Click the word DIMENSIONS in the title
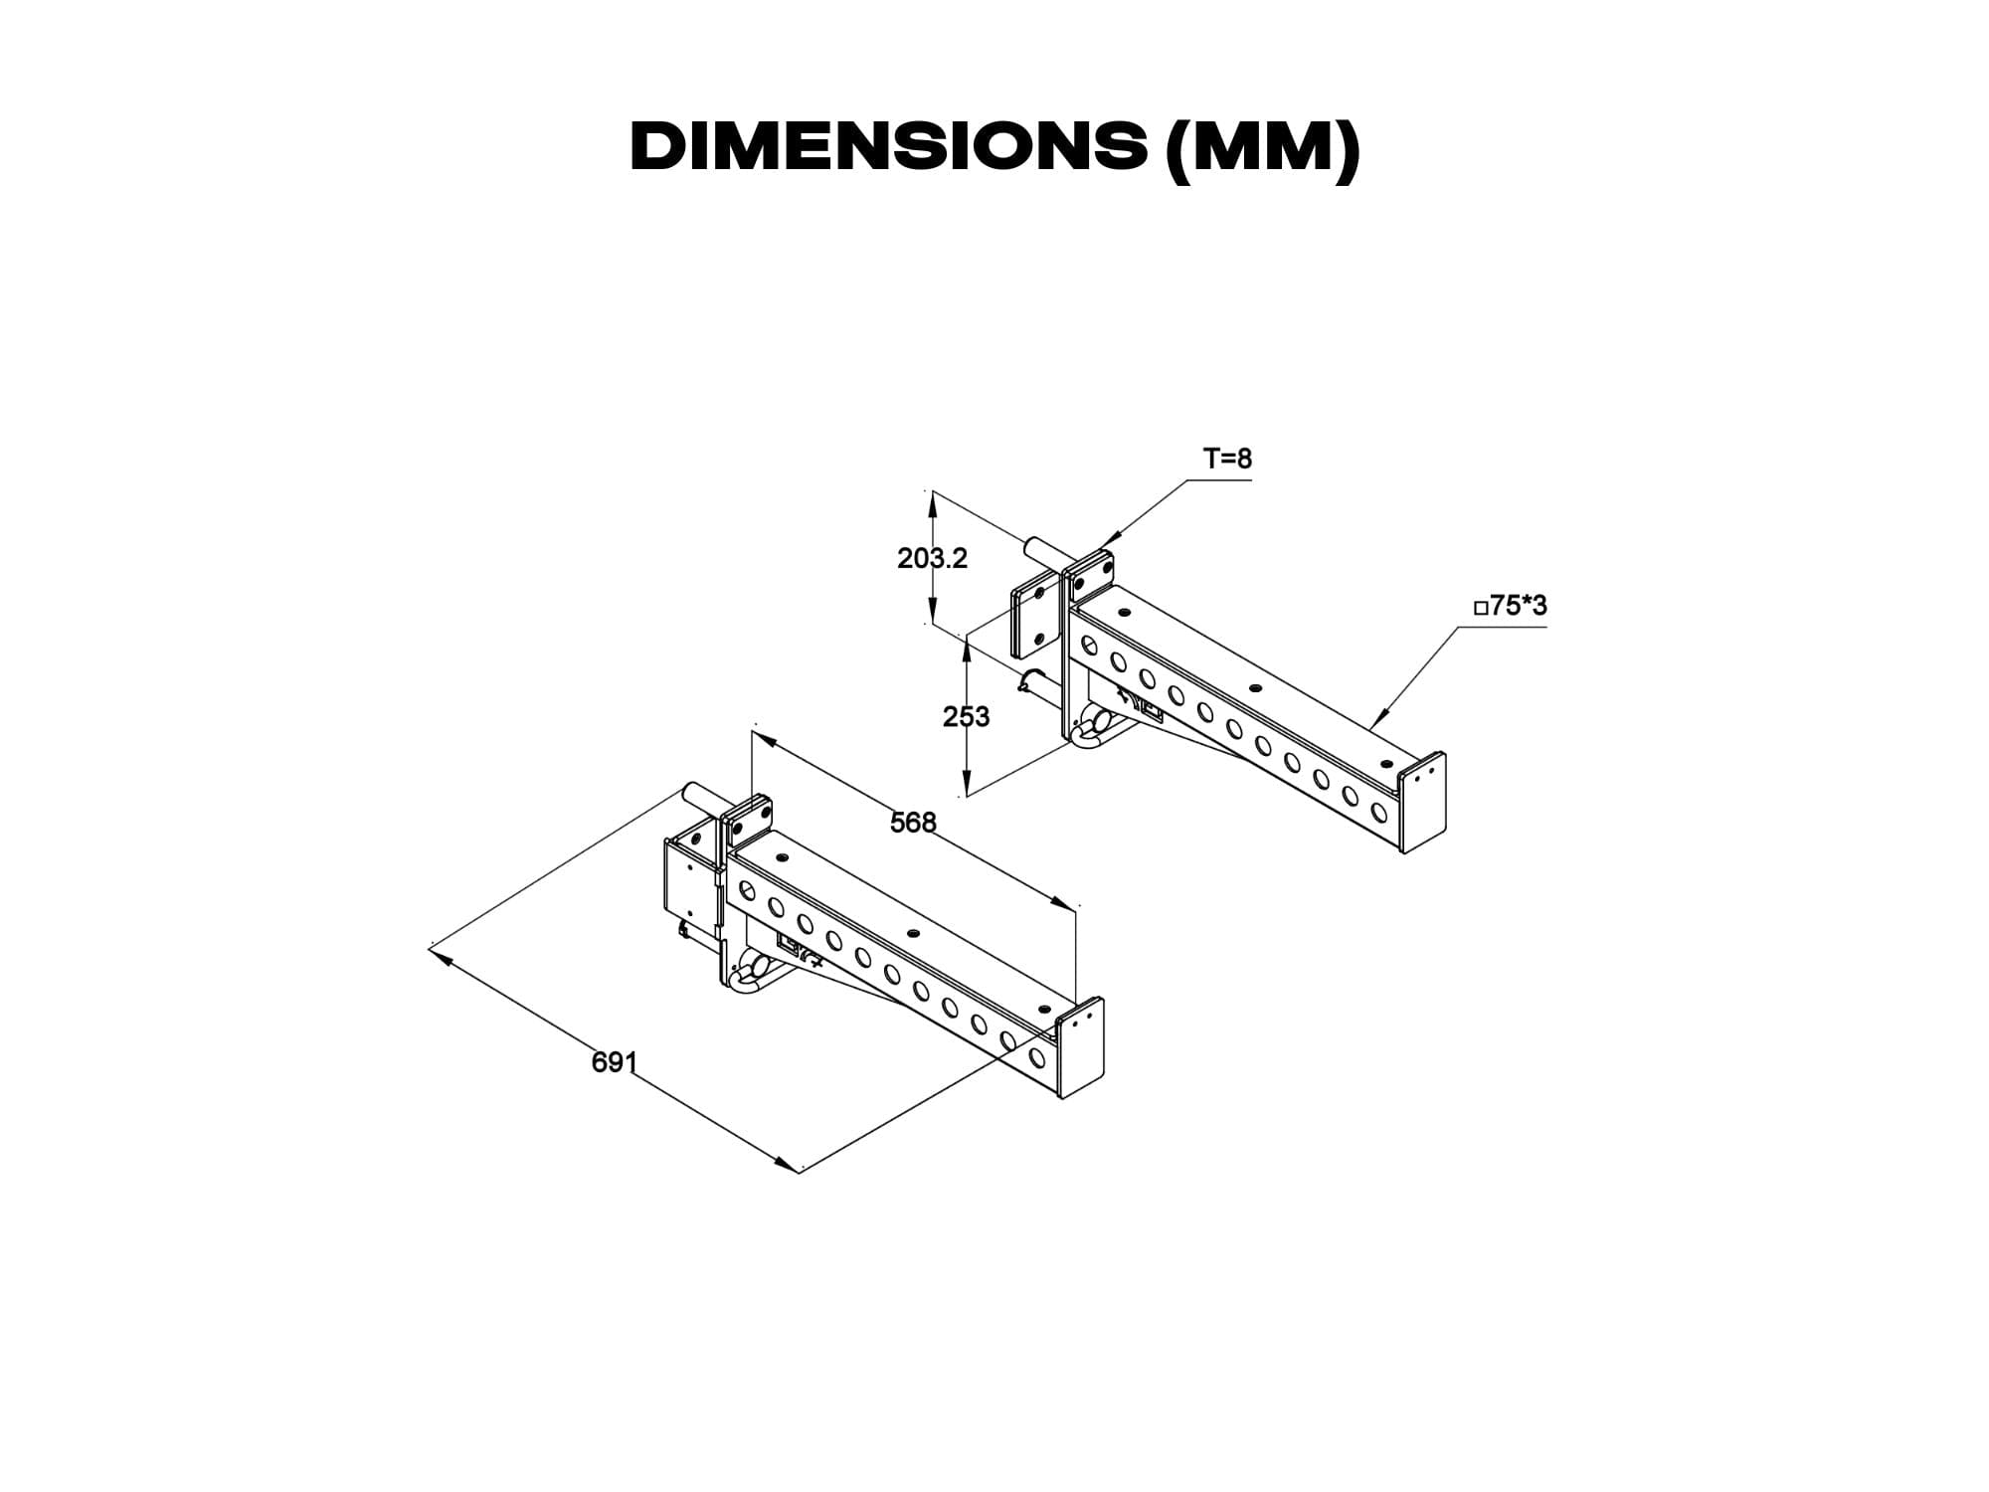(x=888, y=147)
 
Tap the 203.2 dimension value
(x=932, y=559)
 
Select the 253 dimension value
(x=967, y=716)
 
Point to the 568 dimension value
(x=913, y=823)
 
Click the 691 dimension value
(x=614, y=1062)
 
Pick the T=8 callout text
(x=1228, y=459)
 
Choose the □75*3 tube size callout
(x=1511, y=606)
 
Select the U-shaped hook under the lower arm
(x=749, y=974)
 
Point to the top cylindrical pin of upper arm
(x=1043, y=550)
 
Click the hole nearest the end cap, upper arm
(x=1378, y=812)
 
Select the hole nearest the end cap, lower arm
(x=1037, y=1055)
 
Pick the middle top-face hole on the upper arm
(x=1256, y=688)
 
